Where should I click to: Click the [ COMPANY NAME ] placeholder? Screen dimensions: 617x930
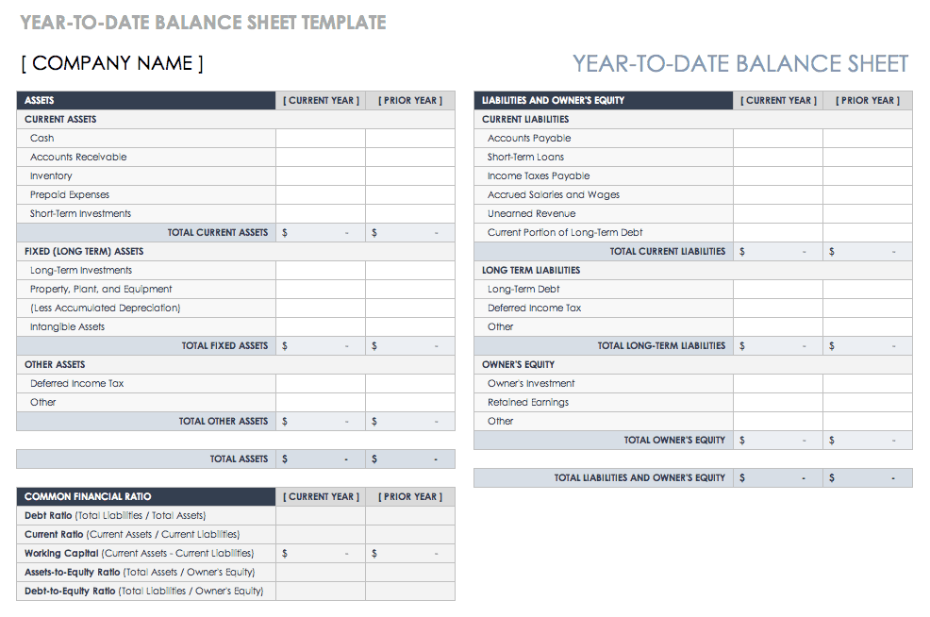[x=112, y=63]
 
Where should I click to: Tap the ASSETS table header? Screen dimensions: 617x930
[x=40, y=100]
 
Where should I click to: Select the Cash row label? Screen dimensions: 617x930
[x=42, y=138]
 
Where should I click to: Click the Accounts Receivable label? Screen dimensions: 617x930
[x=78, y=157]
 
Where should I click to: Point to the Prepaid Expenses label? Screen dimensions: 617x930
[x=70, y=194]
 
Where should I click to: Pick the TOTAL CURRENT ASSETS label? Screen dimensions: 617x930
[x=218, y=232]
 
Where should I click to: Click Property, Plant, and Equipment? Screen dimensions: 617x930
[x=101, y=289]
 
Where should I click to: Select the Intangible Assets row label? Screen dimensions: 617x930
[x=68, y=326]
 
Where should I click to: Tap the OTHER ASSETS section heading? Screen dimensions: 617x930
[x=55, y=364]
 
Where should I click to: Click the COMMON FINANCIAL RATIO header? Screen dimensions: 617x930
[x=88, y=496]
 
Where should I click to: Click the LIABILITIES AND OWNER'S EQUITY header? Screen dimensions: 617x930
[x=553, y=100]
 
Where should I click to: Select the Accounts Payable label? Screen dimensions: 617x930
[x=529, y=138]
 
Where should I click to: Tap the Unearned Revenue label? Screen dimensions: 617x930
[x=531, y=213]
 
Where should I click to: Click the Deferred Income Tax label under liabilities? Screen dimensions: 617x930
[x=535, y=308]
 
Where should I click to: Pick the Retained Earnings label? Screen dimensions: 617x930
[x=528, y=402]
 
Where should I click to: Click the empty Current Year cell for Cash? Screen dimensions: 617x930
[x=321, y=138]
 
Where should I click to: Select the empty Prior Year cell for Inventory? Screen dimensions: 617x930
[x=410, y=175]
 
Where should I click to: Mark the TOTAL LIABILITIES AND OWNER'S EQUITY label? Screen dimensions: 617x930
[x=639, y=477]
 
